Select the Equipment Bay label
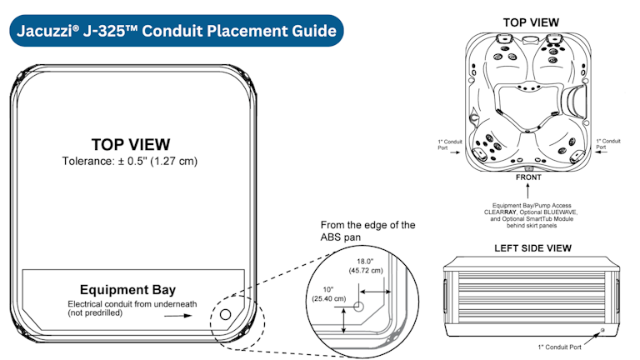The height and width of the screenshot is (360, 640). pos(133,290)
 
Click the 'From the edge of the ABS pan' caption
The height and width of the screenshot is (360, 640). pos(367,232)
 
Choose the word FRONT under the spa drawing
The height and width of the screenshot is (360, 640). pos(528,177)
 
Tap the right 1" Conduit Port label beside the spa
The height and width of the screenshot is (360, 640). pos(611,144)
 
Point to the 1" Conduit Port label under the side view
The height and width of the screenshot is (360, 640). pos(560,345)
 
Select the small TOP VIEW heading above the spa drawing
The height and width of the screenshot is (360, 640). pos(531,22)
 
